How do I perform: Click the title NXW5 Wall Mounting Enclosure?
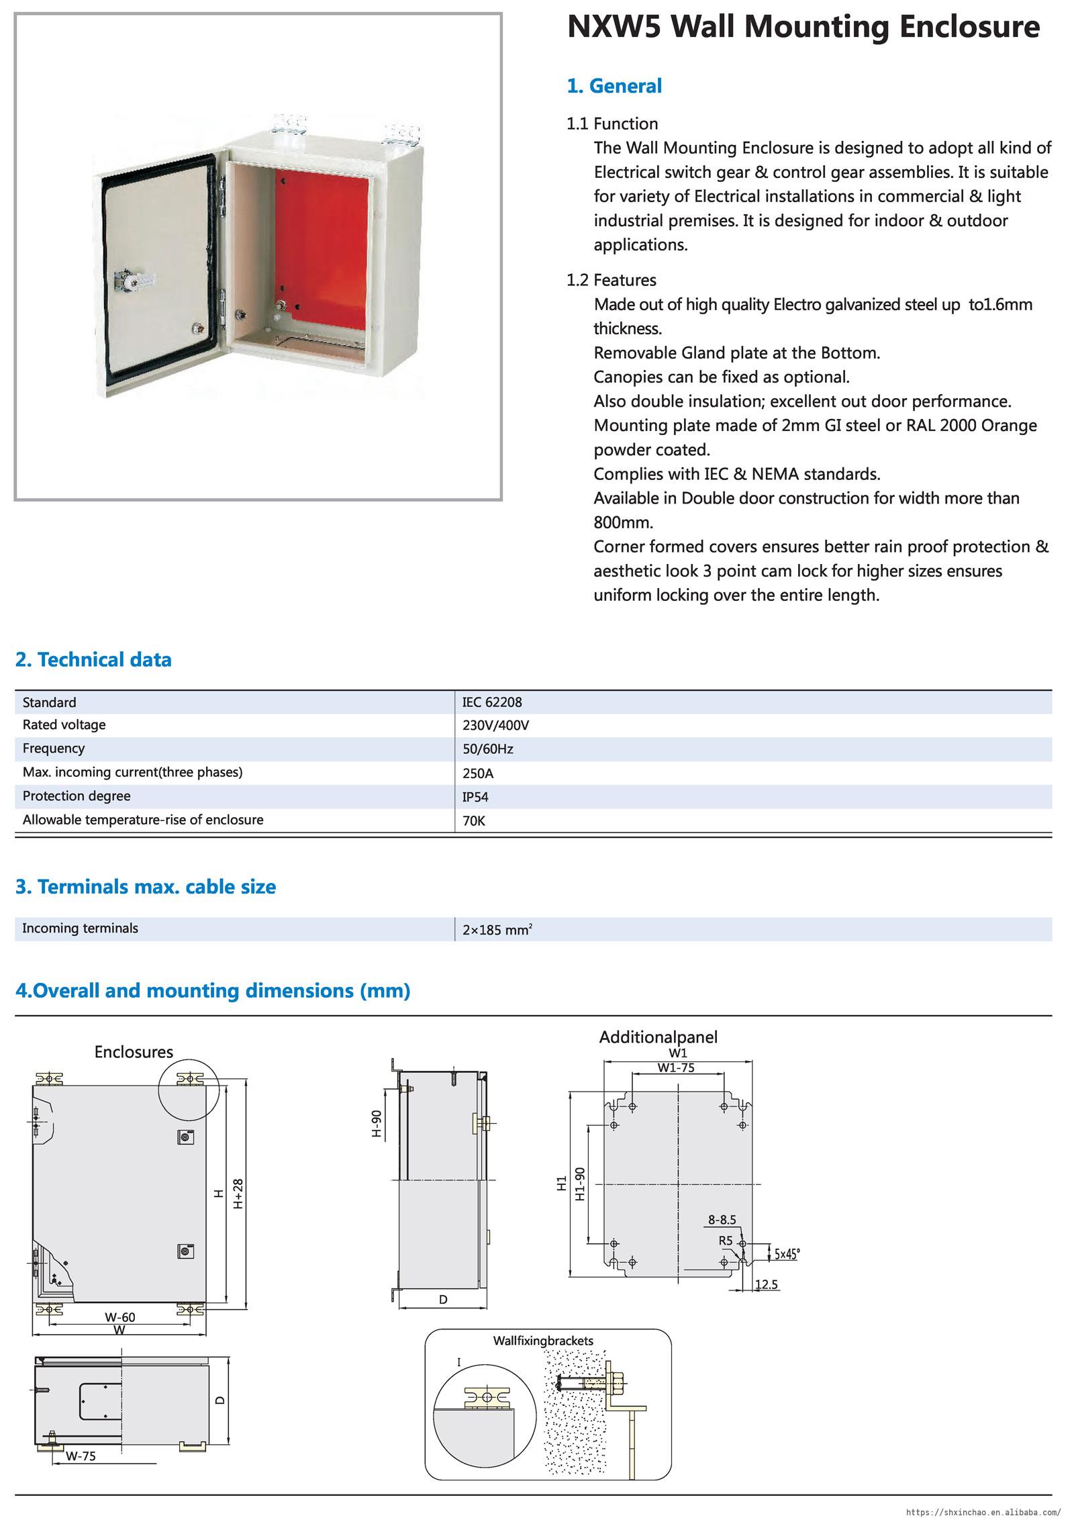click(803, 28)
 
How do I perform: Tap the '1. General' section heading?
click(614, 86)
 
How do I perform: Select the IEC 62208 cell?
click(492, 702)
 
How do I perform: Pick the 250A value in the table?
click(478, 773)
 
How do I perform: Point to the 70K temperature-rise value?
click(473, 820)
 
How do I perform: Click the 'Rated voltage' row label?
click(64, 725)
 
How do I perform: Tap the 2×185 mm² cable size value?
click(497, 930)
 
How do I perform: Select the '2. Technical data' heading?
click(93, 660)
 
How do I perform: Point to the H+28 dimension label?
click(238, 1195)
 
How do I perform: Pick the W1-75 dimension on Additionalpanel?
click(676, 1068)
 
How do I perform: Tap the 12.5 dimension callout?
click(766, 1284)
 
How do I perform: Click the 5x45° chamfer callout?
click(787, 1253)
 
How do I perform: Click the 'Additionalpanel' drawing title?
click(658, 1037)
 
